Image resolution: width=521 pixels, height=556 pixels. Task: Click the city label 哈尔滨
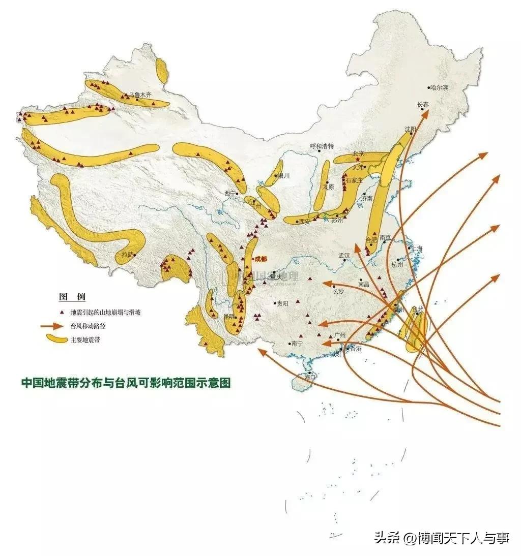coord(440,88)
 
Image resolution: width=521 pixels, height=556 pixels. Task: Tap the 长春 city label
coord(423,105)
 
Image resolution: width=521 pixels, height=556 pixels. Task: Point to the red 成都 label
coord(260,259)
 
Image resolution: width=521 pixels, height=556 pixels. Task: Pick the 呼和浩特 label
coord(322,146)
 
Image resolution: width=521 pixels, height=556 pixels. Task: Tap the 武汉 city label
coord(343,256)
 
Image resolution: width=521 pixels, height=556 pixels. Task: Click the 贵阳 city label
coord(282,303)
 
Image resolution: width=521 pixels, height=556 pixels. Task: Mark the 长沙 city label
coord(338,292)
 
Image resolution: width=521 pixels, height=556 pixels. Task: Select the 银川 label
coord(283,176)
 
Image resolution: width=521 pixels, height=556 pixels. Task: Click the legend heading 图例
coord(72,296)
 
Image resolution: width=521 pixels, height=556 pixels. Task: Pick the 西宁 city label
coord(230,193)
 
